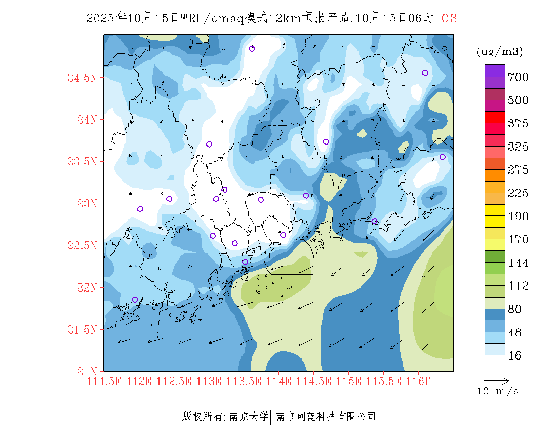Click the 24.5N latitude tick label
pos(82,78)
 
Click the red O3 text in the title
pos(449,18)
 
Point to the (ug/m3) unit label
pos(499,51)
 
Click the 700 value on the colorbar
pos(518,77)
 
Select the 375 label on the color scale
pos(518,124)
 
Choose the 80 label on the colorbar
pos(514,309)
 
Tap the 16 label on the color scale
pos(514,356)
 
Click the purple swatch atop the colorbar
pos(495,70)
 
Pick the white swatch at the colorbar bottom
pos(495,361)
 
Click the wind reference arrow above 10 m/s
pos(496,380)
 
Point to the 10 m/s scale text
pos(498,391)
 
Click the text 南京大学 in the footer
pos(249,417)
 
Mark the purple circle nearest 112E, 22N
pos(135,300)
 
